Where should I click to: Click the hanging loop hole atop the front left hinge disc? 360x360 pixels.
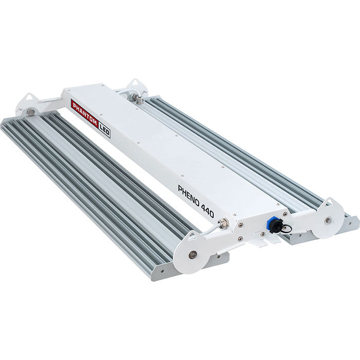click(x=192, y=237)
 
